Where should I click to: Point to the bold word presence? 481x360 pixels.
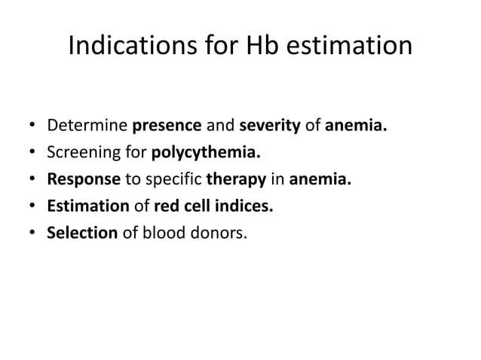pos(163,124)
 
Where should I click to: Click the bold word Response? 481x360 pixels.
pos(83,178)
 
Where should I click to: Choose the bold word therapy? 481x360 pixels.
pos(234,178)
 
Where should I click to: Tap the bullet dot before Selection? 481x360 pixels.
pos(32,233)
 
